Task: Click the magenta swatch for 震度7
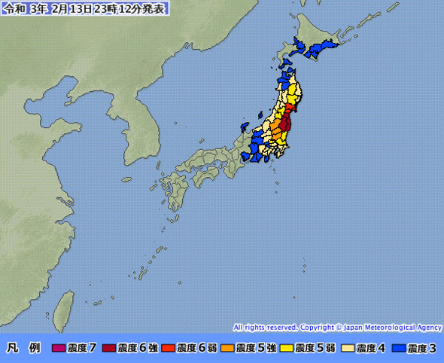coord(59,348)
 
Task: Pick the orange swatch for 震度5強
coord(228,348)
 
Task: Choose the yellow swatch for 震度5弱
coord(287,348)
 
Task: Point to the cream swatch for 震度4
coord(348,348)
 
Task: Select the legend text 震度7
coord(82,348)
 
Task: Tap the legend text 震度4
coord(370,348)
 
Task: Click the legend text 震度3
coord(423,348)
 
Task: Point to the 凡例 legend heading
coord(23,348)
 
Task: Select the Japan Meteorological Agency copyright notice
coord(337,328)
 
